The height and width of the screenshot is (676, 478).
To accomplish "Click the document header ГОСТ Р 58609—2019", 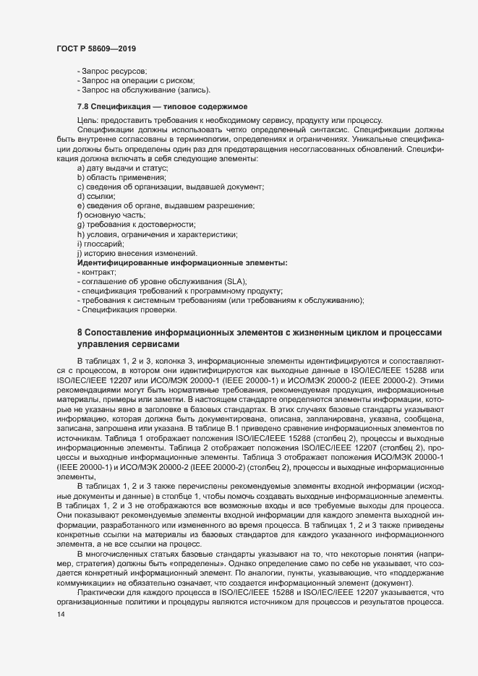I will coord(97,48).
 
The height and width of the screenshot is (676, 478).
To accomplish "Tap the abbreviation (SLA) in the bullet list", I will coord(236,281).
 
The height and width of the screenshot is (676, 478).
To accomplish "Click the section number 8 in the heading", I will coord(80,331).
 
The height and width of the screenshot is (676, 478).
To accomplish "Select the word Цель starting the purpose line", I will coord(86,119).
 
